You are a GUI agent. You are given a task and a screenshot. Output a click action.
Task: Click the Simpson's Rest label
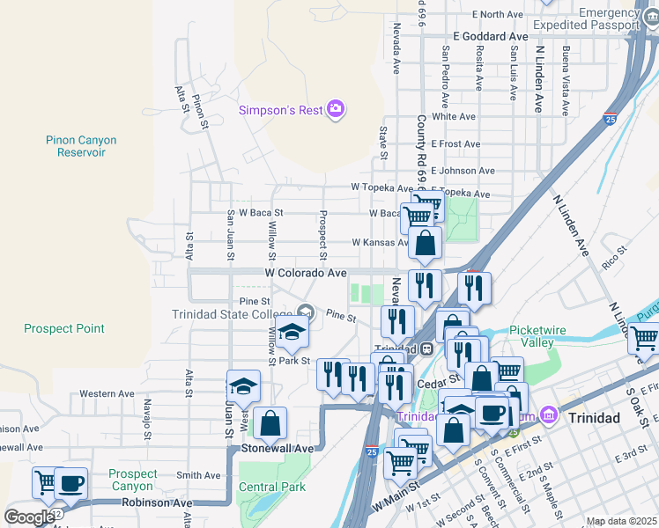tap(280, 110)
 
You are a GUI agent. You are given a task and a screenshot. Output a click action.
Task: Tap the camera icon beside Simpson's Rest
tap(335, 109)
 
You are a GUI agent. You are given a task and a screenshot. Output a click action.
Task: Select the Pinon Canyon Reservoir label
tap(81, 146)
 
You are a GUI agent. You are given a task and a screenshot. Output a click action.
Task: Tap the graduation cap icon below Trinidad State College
tap(292, 334)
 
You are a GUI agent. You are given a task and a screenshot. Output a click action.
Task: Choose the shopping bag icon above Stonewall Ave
tap(270, 424)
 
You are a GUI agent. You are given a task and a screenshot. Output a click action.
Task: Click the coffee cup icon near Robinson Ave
tap(71, 484)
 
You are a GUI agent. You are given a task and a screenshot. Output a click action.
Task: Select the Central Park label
tap(272, 487)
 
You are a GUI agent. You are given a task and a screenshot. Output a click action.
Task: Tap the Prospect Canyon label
tap(133, 480)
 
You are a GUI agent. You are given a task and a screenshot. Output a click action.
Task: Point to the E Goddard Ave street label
tap(490, 36)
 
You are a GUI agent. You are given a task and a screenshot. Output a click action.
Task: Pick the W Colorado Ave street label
tap(306, 273)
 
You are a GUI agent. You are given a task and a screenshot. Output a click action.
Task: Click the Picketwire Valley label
tap(532, 337)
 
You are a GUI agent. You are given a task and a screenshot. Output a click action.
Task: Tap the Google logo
tap(29, 517)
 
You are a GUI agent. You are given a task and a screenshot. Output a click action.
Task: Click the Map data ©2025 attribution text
tap(621, 521)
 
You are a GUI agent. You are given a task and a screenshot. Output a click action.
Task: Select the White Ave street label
tap(455, 116)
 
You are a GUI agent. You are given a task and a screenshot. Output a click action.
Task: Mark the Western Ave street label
tap(107, 393)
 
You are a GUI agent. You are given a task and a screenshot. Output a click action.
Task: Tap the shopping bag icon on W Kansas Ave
tap(425, 245)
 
